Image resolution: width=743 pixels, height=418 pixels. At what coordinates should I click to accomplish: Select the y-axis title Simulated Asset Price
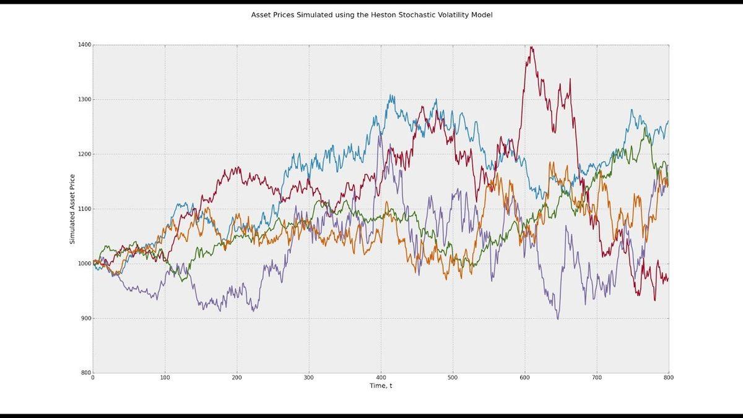pyautogui.click(x=72, y=208)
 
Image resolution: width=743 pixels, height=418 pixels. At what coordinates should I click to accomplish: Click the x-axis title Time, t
pyautogui.click(x=380, y=386)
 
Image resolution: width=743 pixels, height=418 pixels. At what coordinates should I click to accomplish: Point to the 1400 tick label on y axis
pyautogui.click(x=84, y=45)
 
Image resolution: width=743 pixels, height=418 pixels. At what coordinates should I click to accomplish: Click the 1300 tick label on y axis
pyautogui.click(x=84, y=100)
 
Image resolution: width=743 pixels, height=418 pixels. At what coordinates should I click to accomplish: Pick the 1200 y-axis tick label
pyautogui.click(x=84, y=154)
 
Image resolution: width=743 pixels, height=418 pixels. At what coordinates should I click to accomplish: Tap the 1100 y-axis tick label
pyautogui.click(x=84, y=209)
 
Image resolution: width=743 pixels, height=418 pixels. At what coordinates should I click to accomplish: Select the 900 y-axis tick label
pyautogui.click(x=85, y=318)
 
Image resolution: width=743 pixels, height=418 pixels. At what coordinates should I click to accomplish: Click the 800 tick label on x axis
pyautogui.click(x=668, y=377)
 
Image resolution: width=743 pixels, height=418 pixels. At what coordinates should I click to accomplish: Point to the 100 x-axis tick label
pyautogui.click(x=165, y=377)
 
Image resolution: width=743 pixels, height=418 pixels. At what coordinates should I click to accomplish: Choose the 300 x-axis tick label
pyautogui.click(x=309, y=377)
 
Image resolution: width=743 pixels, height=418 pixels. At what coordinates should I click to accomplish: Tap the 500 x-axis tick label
pyautogui.click(x=453, y=377)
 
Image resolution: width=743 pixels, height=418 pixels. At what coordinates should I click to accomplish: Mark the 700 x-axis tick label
pyautogui.click(x=597, y=377)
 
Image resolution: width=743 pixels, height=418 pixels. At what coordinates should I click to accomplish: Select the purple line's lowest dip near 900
pyautogui.click(x=558, y=319)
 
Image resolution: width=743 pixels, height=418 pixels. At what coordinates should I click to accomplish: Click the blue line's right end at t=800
pyautogui.click(x=668, y=121)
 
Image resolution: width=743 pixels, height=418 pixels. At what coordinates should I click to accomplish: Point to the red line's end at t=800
pyautogui.click(x=668, y=279)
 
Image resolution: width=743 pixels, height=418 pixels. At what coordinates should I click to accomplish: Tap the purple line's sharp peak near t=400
pyautogui.click(x=379, y=134)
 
